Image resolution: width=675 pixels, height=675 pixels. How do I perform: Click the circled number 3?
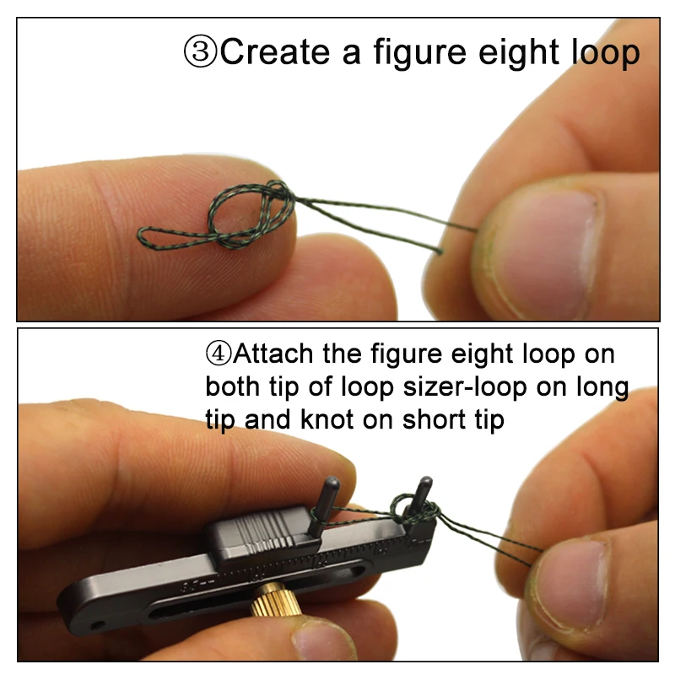coord(200,52)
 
